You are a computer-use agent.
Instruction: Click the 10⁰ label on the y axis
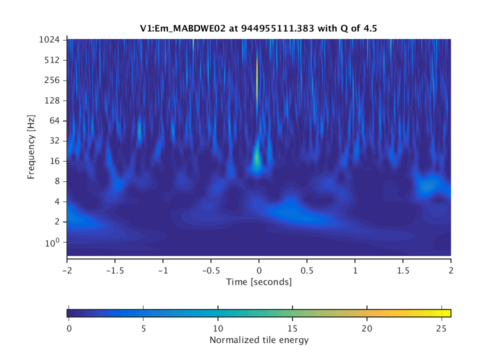coord(53,242)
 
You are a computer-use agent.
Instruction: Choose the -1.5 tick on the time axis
coord(114,270)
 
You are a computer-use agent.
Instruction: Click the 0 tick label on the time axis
coord(259,270)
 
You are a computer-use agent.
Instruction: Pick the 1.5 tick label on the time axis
coord(403,270)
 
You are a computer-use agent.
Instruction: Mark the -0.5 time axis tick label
coord(210,270)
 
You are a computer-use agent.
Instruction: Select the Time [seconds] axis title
coord(259,282)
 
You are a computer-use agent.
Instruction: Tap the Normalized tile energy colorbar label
coord(259,340)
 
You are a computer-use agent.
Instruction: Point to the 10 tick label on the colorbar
coord(218,328)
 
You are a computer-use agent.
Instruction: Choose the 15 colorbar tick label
coord(292,328)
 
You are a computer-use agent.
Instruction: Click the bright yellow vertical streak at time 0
coord(257,80)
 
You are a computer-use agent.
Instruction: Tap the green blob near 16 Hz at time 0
coord(256,159)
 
